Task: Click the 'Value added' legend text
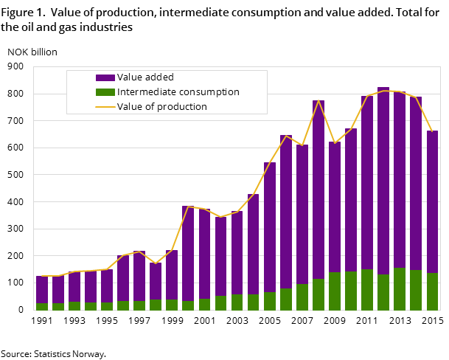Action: (x=145, y=77)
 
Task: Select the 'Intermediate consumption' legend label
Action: (x=178, y=92)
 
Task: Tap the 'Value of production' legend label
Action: (x=161, y=107)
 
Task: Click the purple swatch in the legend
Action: (x=105, y=77)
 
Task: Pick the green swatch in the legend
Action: (x=105, y=92)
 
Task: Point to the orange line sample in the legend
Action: (x=105, y=107)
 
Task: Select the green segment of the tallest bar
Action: (x=383, y=292)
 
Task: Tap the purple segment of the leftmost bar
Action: (x=42, y=289)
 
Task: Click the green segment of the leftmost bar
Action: (x=42, y=306)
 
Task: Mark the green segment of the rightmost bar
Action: (x=432, y=291)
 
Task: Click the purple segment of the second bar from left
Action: (x=58, y=289)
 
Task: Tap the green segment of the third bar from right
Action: (x=400, y=288)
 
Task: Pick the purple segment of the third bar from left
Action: (x=74, y=286)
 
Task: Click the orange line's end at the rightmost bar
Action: (x=432, y=131)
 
